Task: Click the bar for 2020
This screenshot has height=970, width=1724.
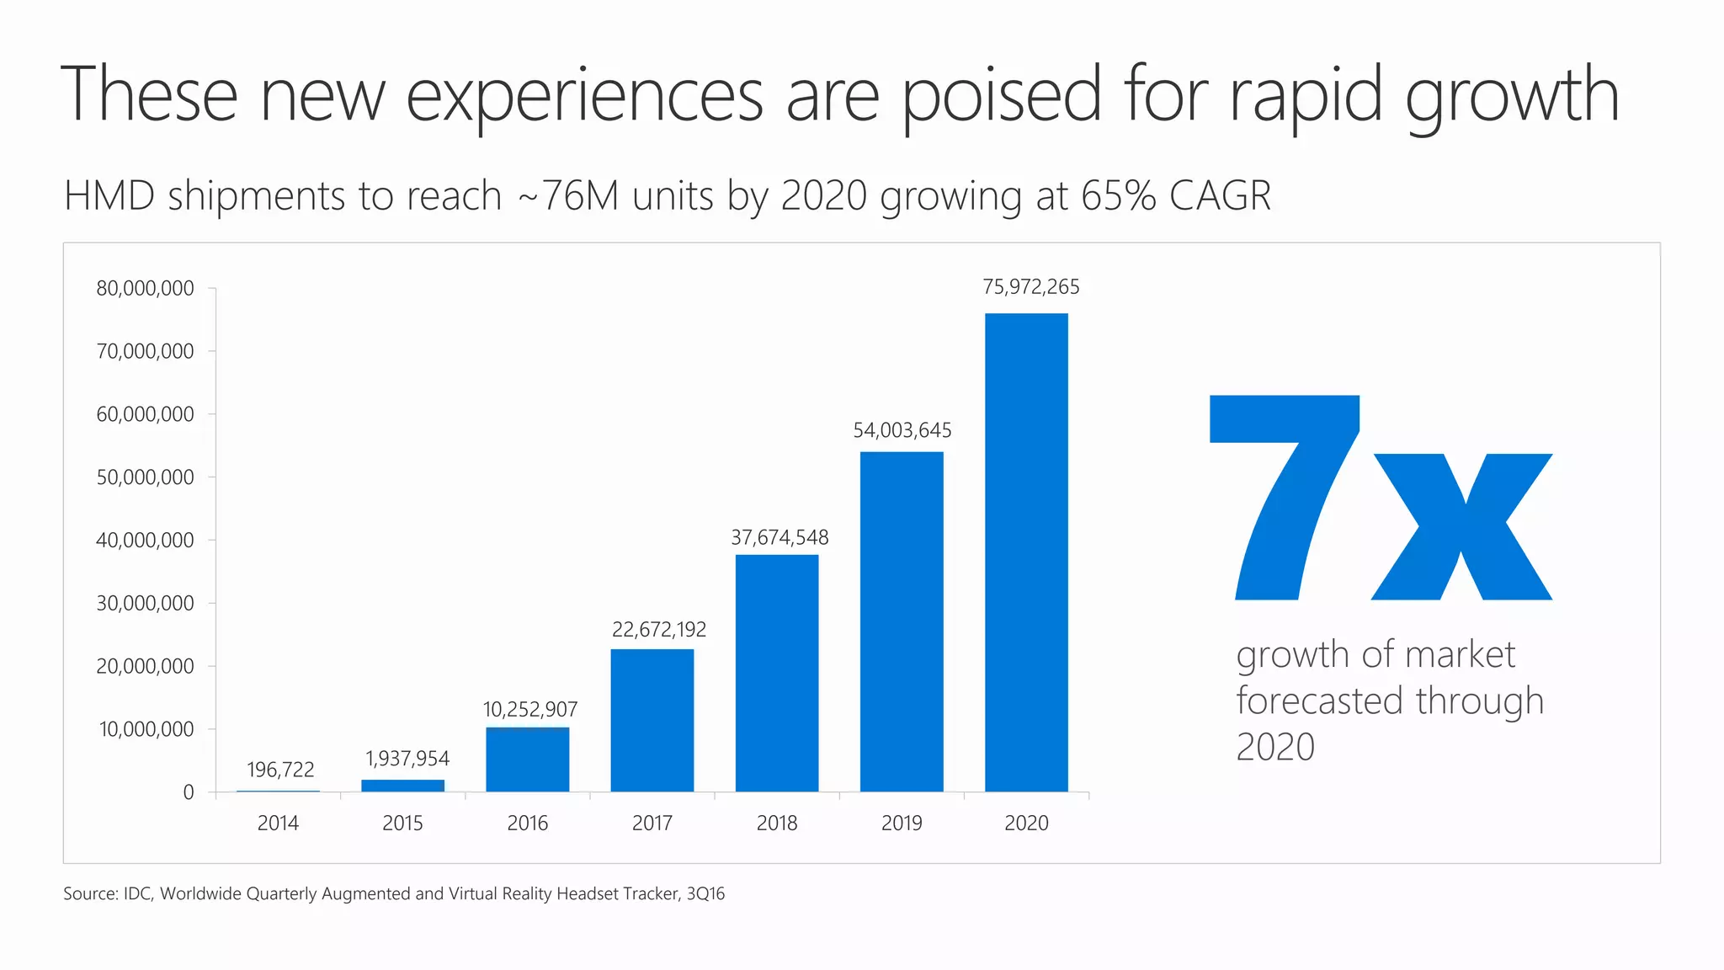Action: point(1026,552)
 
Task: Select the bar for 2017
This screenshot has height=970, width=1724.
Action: point(652,720)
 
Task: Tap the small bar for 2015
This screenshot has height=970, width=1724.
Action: point(402,786)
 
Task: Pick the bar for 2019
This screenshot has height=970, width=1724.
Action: point(902,621)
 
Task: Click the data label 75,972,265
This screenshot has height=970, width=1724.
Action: point(1030,287)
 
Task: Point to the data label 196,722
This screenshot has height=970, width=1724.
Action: point(280,770)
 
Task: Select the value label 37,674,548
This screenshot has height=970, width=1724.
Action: point(780,537)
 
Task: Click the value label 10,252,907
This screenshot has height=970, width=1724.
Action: point(529,709)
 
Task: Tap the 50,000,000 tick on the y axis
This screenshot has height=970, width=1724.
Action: point(145,477)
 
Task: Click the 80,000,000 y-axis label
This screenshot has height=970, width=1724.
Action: point(145,288)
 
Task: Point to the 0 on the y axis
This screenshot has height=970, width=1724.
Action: point(189,792)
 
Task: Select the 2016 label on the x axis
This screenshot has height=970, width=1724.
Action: point(527,823)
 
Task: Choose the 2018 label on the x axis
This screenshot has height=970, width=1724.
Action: point(776,823)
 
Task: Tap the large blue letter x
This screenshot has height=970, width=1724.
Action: point(1461,526)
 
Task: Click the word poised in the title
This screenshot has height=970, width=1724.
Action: point(1002,97)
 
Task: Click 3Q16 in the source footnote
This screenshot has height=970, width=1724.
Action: point(705,893)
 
